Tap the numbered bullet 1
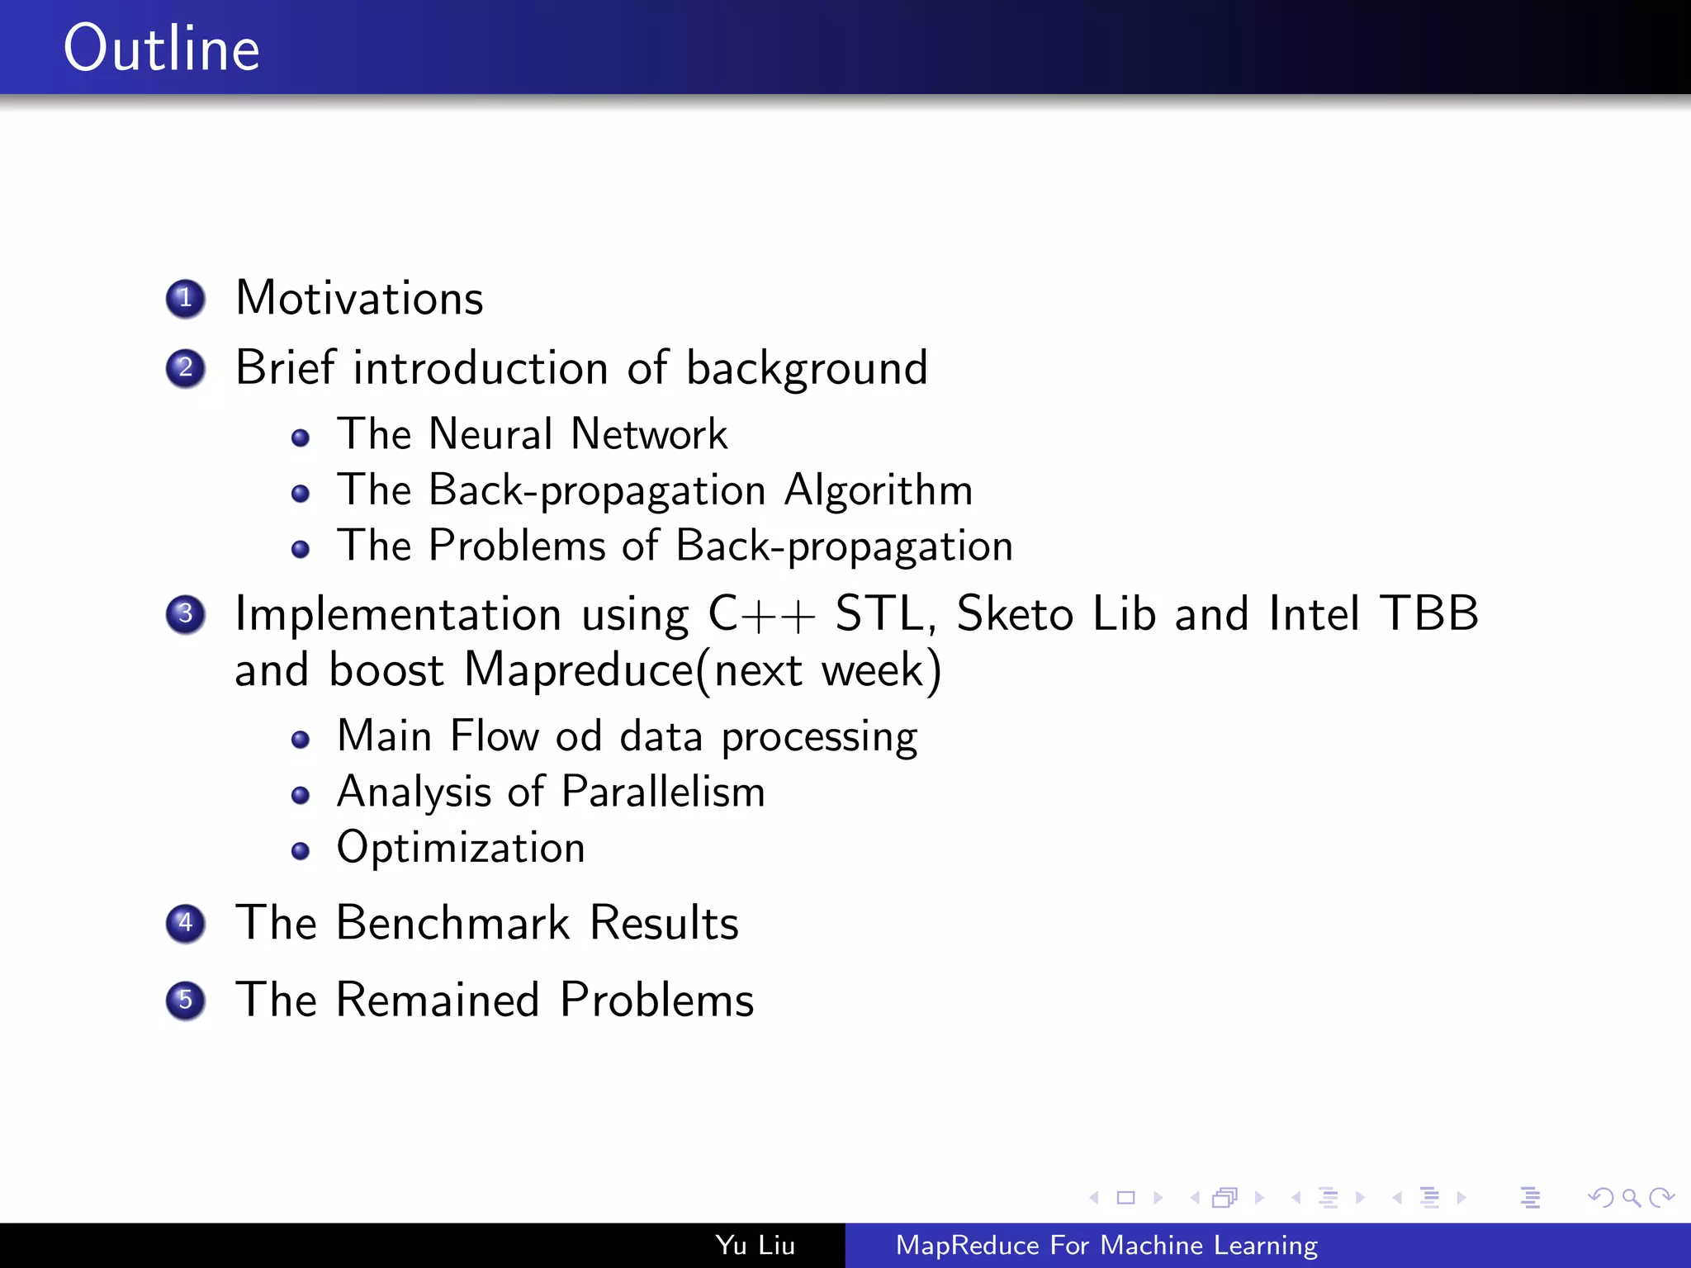185,298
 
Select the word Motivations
359,298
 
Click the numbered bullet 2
185,368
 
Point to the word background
807,369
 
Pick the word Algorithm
879,490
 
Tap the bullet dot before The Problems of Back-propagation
301,549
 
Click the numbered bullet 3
185,614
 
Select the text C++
761,614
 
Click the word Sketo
1015,614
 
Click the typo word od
578,736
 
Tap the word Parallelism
663,792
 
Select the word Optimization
461,848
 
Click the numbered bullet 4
185,923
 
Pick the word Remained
438,1001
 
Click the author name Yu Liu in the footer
755,1245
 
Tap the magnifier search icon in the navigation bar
1631,1197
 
